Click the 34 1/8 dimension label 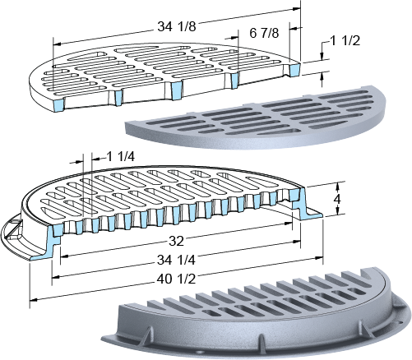click(x=177, y=27)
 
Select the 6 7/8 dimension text click(x=264, y=33)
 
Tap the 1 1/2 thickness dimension click(x=345, y=41)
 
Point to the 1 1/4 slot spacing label click(x=120, y=157)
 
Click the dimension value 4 click(x=337, y=200)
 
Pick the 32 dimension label click(x=176, y=241)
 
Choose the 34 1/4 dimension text click(x=176, y=260)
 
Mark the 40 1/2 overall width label click(x=176, y=279)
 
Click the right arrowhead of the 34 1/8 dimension click(x=297, y=9)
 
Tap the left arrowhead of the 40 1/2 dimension click(x=33, y=300)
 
